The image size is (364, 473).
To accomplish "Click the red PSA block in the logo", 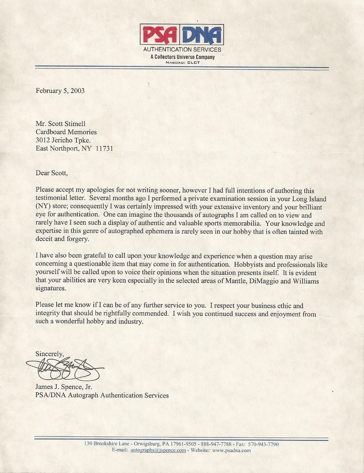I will point(160,35).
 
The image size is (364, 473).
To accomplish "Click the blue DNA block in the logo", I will point(202,35).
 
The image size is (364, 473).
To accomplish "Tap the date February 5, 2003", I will point(60,91).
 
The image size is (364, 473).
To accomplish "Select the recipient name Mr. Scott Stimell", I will point(61,124).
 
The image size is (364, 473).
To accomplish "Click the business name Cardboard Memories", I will point(66,132).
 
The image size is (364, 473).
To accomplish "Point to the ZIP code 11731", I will point(104,148).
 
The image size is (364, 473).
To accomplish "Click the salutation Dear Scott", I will point(52,173).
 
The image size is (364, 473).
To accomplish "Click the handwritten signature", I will point(64,369).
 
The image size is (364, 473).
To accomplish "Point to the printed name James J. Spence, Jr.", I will point(64,387).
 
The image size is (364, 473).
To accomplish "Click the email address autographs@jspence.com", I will point(158,450).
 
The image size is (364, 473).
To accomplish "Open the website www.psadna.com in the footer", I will point(231,450).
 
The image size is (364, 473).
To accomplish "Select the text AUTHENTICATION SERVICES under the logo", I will point(182,50).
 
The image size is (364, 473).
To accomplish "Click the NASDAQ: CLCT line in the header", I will point(182,62).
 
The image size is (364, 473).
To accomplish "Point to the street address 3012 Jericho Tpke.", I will point(63,140).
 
